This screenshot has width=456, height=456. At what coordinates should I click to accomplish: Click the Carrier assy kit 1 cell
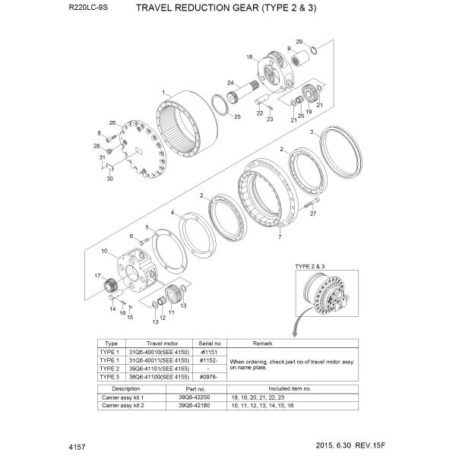(122, 397)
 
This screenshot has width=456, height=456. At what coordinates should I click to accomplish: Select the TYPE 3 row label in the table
(111, 377)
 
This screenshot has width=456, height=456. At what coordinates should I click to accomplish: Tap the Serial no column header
(208, 344)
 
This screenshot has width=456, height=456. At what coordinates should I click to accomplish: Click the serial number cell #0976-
(208, 377)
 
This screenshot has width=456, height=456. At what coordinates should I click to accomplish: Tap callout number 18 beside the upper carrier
(249, 57)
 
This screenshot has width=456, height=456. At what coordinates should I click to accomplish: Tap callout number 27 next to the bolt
(312, 214)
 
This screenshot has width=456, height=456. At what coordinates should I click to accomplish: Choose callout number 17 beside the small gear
(97, 274)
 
